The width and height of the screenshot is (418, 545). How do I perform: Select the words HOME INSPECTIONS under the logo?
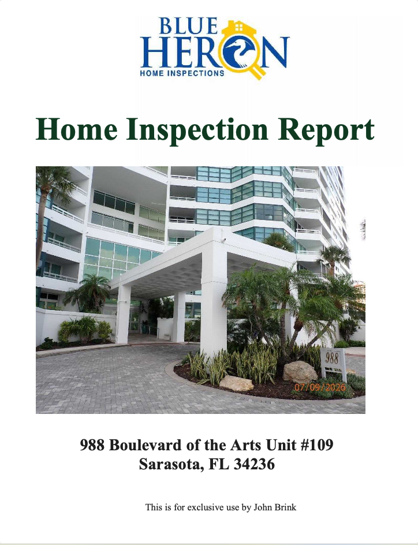[x=182, y=73]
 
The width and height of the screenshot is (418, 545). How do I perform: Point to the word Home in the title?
[x=77, y=129]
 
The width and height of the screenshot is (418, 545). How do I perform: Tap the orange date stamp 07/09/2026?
[x=320, y=387]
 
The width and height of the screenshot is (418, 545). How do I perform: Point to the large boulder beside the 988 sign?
[x=300, y=371]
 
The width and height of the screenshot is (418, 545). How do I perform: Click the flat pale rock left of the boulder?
[x=236, y=383]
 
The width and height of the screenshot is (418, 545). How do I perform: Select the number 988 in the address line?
[x=92, y=445]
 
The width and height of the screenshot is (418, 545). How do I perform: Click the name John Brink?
[x=275, y=507]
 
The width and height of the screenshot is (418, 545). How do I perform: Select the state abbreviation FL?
[x=219, y=464]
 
